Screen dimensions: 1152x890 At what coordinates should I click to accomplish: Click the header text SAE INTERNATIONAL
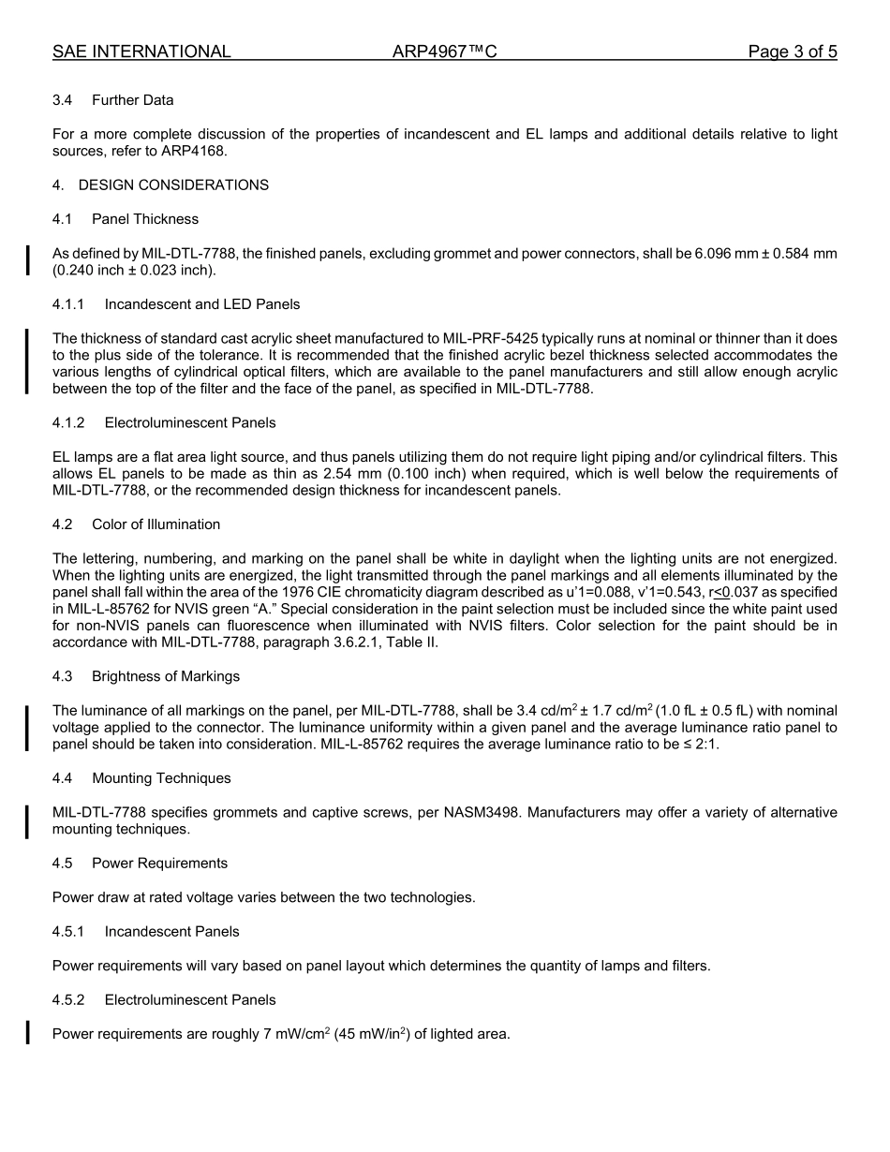(x=141, y=52)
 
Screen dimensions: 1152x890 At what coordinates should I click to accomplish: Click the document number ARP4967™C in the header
(x=444, y=52)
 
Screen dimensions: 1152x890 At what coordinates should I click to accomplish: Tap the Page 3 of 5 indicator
(x=792, y=52)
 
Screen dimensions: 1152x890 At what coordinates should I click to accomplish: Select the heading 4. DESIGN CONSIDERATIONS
(x=160, y=185)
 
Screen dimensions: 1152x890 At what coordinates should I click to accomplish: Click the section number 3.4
(x=63, y=100)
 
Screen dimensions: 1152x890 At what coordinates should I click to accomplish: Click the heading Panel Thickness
(x=145, y=219)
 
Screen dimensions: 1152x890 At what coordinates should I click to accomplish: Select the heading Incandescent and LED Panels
(x=202, y=304)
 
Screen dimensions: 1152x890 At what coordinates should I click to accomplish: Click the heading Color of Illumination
(x=156, y=524)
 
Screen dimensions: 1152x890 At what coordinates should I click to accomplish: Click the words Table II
(x=411, y=643)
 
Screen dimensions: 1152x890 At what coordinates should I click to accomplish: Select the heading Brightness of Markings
(x=166, y=676)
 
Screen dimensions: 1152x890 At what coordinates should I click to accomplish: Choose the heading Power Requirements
(x=159, y=864)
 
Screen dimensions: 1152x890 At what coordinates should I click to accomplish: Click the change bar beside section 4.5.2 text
(x=27, y=1034)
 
